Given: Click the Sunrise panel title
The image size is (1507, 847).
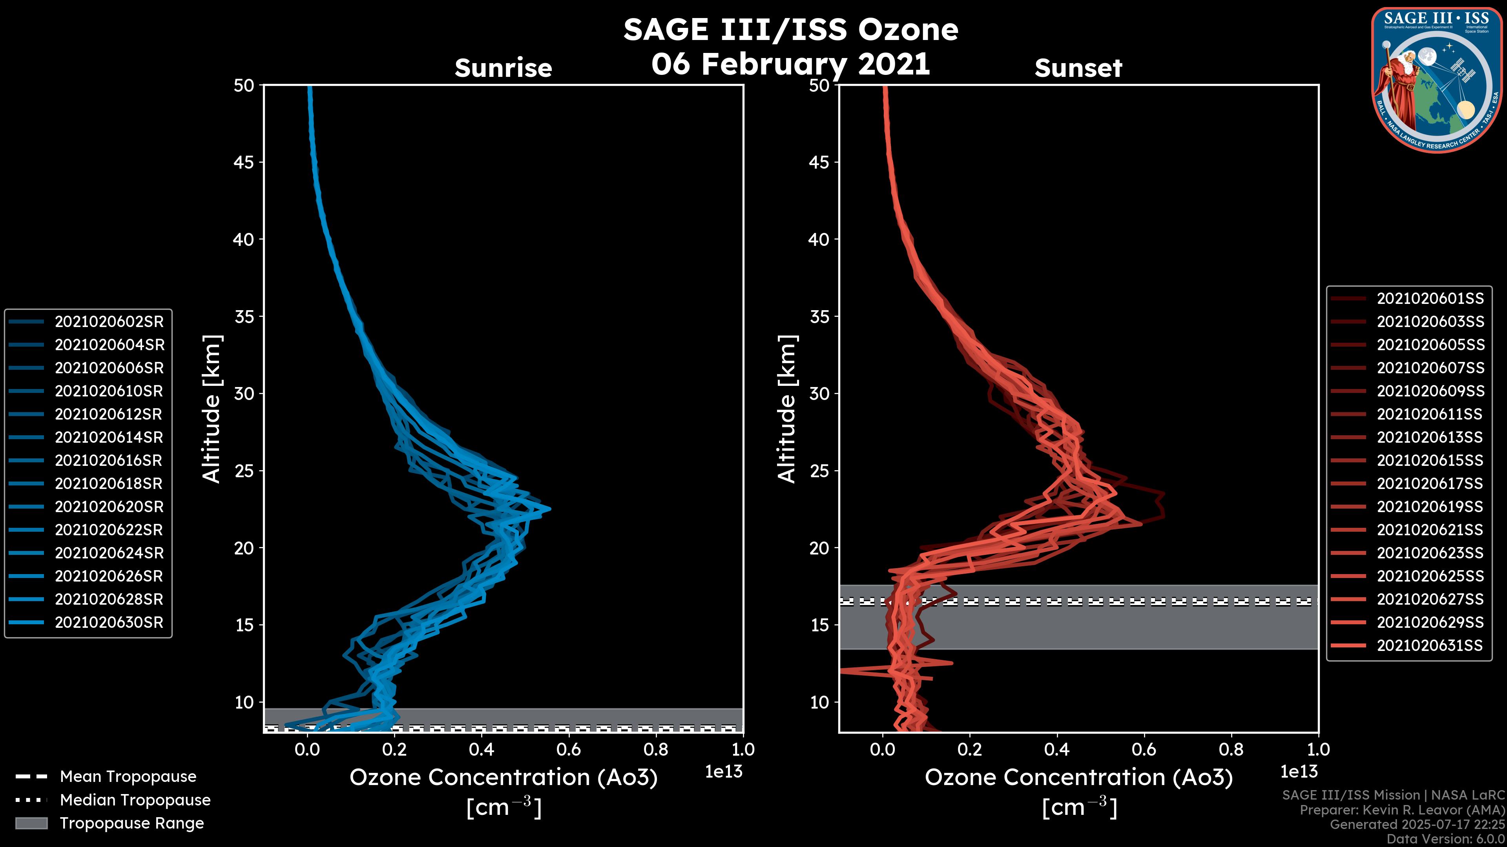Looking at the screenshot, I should [x=503, y=68].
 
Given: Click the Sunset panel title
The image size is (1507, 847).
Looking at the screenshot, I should [x=1078, y=68].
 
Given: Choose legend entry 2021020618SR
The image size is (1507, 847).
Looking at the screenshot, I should [x=108, y=483].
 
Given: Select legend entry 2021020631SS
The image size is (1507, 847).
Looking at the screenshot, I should [x=1430, y=645].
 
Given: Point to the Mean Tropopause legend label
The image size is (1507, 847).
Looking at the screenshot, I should [x=128, y=776].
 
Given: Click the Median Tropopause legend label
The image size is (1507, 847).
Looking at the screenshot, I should [x=135, y=800].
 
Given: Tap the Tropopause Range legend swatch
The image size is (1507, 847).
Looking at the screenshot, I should [x=31, y=823].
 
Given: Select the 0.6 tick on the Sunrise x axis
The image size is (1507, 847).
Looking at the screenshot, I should [x=569, y=749].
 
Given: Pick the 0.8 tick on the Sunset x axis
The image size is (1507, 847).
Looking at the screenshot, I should [x=1231, y=749].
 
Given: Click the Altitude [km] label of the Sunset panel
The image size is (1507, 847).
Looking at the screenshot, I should [x=787, y=409].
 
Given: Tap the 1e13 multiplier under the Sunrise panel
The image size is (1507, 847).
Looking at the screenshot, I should [x=724, y=772].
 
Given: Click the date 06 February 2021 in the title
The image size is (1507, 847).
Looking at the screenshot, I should [x=790, y=64].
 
